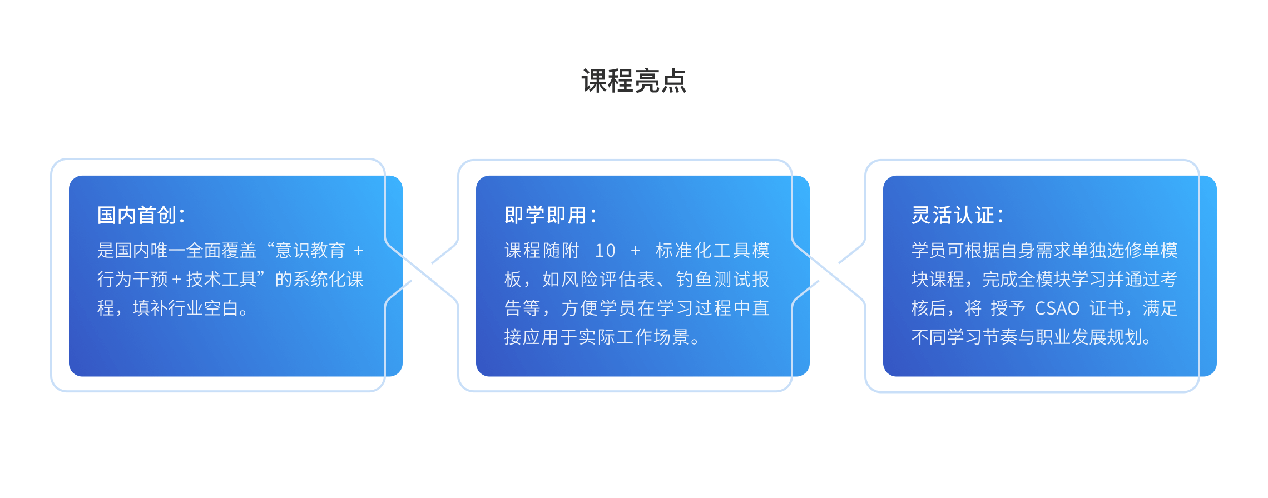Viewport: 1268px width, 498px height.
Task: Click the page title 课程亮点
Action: click(x=634, y=81)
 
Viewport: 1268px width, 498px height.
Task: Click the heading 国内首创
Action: click(x=137, y=215)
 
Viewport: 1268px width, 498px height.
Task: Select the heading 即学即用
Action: click(x=544, y=215)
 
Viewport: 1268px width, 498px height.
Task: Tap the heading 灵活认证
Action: click(x=951, y=215)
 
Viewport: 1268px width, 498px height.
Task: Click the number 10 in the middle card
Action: click(x=605, y=251)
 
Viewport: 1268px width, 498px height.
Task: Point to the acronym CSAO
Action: click(x=1057, y=308)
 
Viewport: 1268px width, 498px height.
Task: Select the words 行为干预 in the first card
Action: click(x=132, y=279)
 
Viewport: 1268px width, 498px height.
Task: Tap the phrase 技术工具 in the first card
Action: click(x=221, y=279)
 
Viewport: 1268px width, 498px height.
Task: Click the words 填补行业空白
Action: click(x=186, y=308)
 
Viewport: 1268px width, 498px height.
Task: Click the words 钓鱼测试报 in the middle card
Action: click(x=722, y=279)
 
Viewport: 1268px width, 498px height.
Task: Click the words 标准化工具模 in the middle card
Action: click(x=712, y=251)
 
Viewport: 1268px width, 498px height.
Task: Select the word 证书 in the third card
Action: click(x=1107, y=308)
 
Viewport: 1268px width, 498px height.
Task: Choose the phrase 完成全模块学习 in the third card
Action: click(x=1044, y=279)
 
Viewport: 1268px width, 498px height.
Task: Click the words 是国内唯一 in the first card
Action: click(x=141, y=251)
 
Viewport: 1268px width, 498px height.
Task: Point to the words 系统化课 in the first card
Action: click(x=328, y=279)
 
